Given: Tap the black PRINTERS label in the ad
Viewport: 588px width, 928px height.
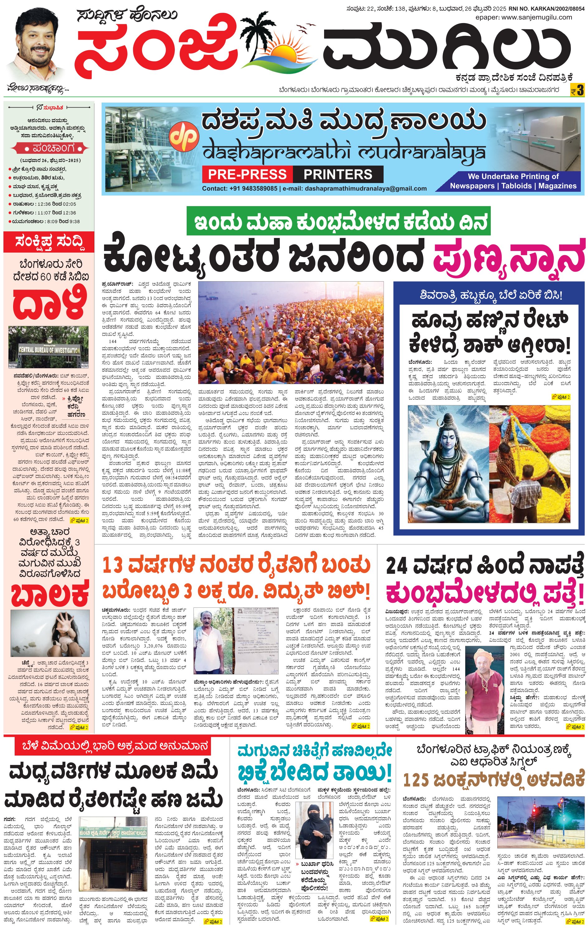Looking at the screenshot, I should tap(338, 174).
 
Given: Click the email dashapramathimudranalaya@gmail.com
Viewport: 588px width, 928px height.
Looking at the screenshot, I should tap(366, 188).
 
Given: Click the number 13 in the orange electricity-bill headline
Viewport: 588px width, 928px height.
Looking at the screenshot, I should tap(113, 566).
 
